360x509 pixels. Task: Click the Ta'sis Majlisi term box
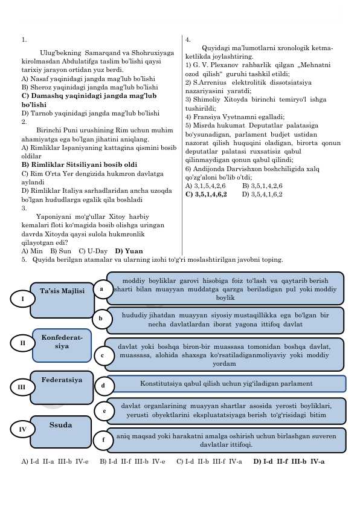pos(62,300)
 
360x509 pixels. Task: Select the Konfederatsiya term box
pos(62,345)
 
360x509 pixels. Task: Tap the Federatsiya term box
pos(62,387)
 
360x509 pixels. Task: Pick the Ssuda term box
pos(60,432)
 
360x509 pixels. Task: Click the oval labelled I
pos(22,299)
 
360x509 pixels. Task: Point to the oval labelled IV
pos(22,429)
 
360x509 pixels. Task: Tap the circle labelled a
pos(101,288)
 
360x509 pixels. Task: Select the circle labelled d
pos(103,386)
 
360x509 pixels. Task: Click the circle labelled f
pos(103,440)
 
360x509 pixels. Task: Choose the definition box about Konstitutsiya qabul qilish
pos(226,384)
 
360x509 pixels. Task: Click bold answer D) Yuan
pos(129,251)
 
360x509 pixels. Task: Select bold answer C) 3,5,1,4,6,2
pos(206,195)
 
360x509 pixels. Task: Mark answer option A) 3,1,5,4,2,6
pos(205,186)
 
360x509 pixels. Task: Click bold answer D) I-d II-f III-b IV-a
pos(289,462)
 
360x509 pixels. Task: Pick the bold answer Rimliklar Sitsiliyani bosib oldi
pos(84,164)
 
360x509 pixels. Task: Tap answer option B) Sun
pos(60,251)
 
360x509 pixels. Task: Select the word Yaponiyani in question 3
pos(52,216)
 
